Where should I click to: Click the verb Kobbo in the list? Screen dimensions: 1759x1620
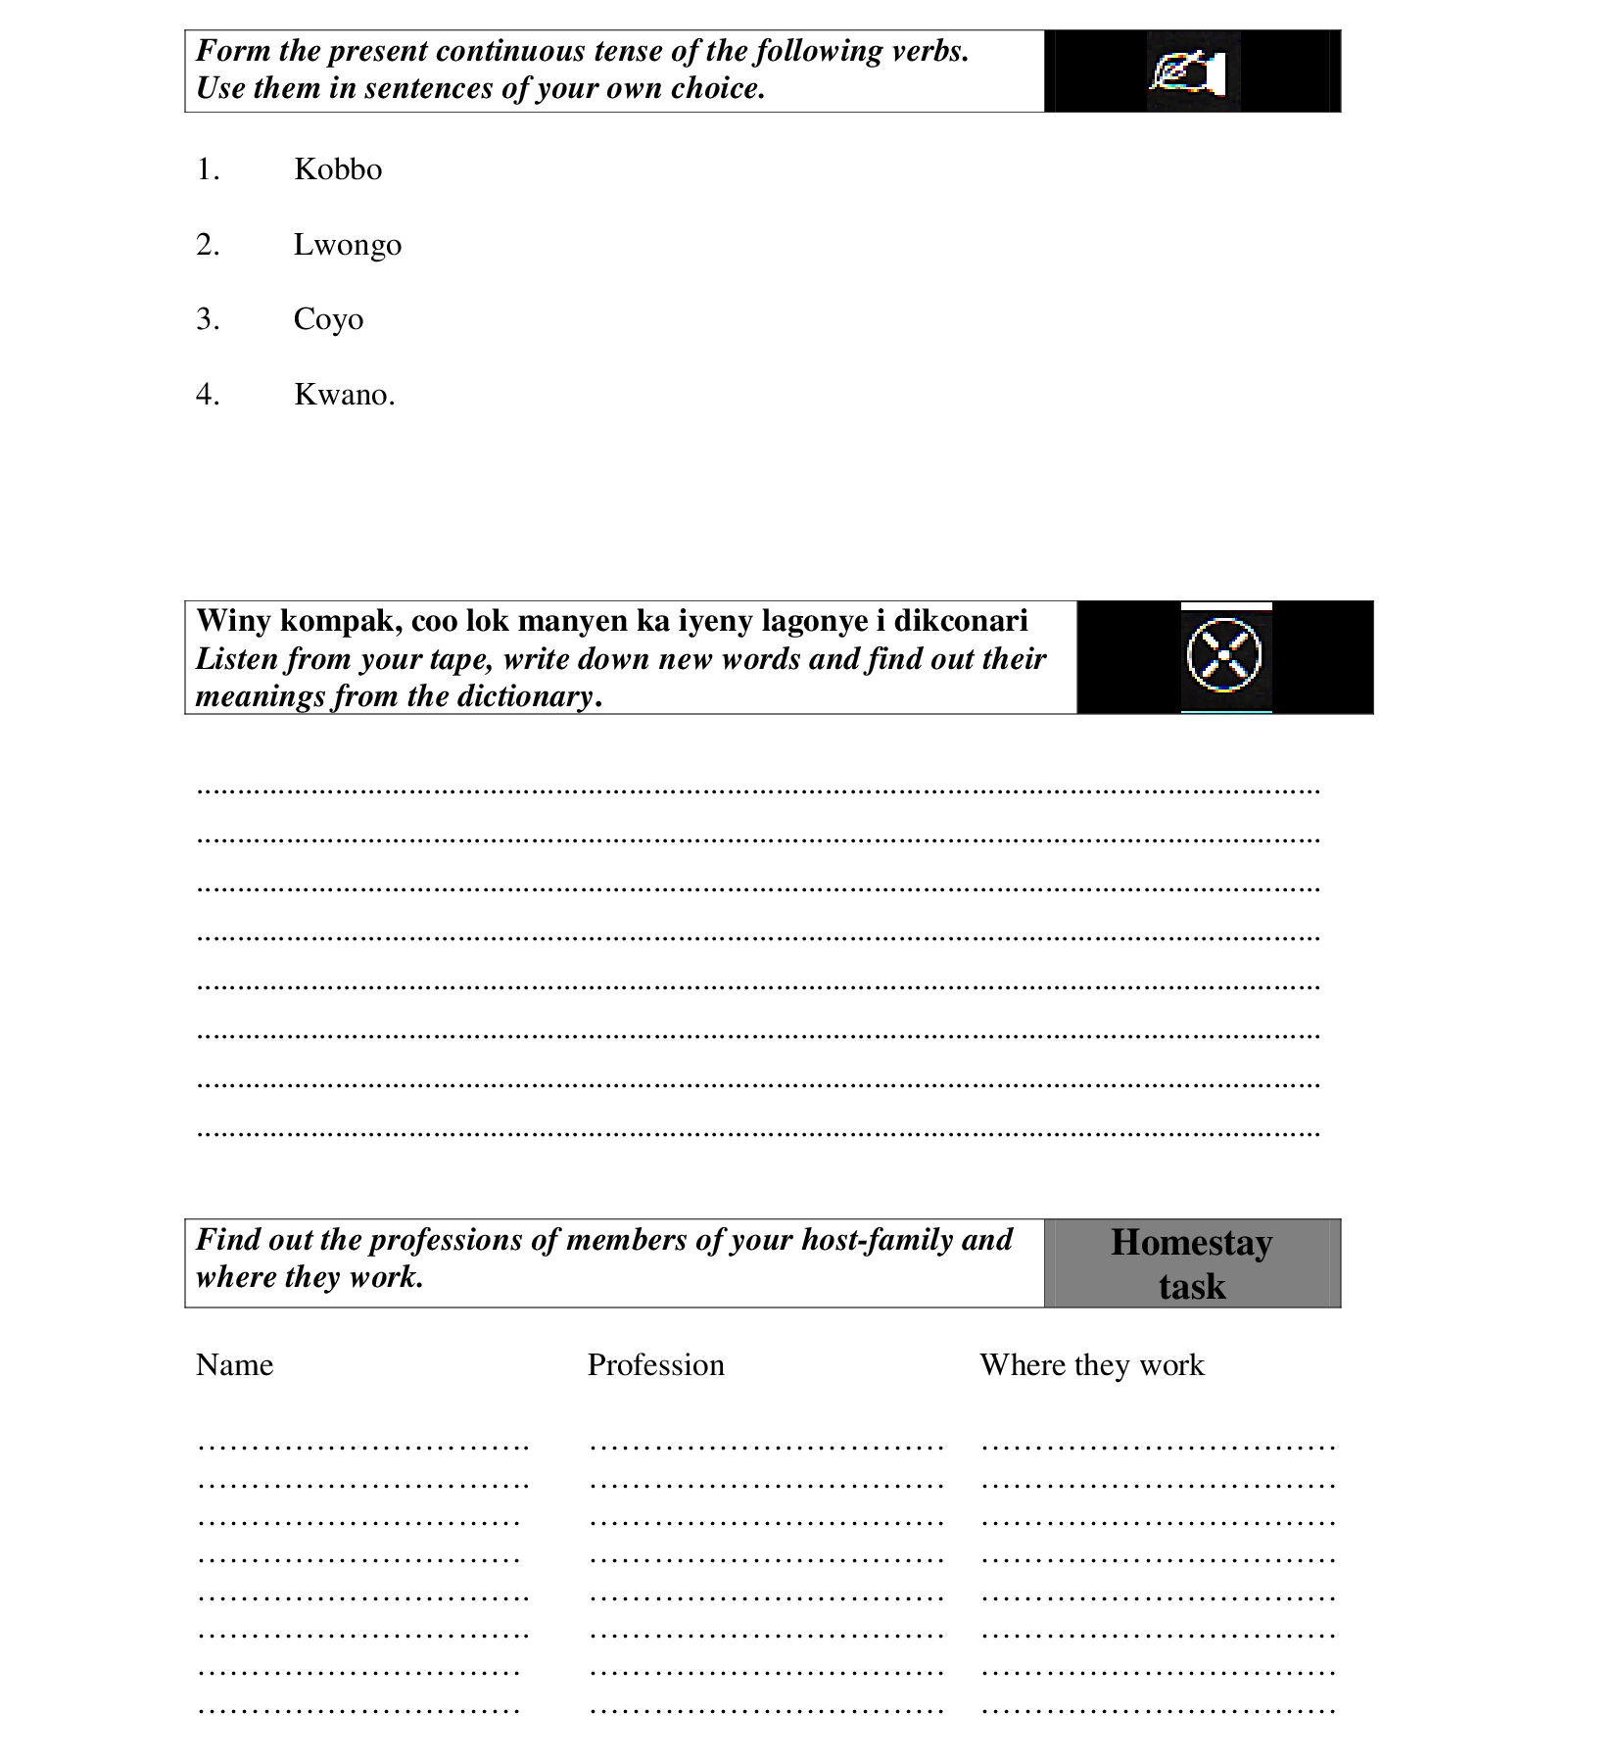point(338,169)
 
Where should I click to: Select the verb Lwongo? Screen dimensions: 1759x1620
point(347,245)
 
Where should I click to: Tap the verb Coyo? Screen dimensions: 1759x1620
point(328,320)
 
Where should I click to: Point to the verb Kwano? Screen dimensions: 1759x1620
point(342,395)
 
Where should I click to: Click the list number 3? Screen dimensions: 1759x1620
point(207,319)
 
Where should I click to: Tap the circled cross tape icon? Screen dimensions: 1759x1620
point(1223,655)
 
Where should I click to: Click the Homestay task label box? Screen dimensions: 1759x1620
point(1191,1263)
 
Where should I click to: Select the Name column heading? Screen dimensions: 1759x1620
point(234,1365)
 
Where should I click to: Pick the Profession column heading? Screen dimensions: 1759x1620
point(655,1365)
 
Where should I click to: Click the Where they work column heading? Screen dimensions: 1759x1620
point(1091,1365)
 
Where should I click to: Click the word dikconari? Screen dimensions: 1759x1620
point(960,621)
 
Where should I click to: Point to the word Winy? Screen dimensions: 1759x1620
point(233,621)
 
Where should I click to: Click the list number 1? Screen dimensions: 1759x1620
point(207,169)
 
